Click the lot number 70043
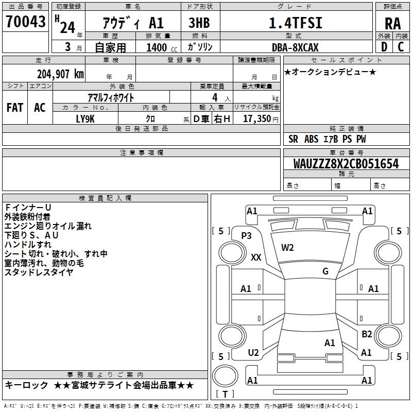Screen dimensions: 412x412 click(25, 21)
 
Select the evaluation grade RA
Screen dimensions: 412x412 click(392, 24)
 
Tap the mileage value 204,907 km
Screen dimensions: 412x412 click(60, 74)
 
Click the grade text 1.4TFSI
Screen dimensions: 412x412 click(295, 23)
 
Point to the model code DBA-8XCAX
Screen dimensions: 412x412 click(295, 47)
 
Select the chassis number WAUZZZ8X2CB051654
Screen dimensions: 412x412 click(346, 163)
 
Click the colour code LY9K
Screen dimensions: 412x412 click(85, 119)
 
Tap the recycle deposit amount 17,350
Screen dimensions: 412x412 click(256, 118)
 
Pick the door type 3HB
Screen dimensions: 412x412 click(199, 23)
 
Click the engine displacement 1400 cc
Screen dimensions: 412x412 click(162, 47)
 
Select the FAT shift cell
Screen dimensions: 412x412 click(15, 108)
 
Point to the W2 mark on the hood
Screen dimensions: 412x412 click(287, 248)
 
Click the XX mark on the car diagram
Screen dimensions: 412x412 click(256, 257)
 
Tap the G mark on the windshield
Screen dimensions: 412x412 click(325, 271)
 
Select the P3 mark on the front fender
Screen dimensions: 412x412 click(246, 236)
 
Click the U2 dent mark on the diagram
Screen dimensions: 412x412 click(253, 353)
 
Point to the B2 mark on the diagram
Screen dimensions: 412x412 click(367, 334)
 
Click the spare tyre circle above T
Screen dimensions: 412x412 click(225, 376)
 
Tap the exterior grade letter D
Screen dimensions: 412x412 click(384, 47)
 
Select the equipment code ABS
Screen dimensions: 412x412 click(312, 139)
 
